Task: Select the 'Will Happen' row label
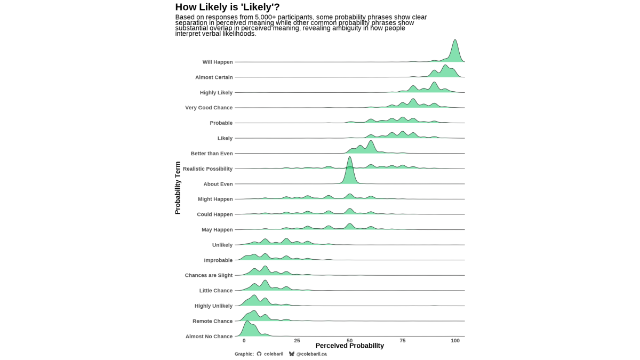218,62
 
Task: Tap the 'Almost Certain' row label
214,77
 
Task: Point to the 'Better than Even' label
212,154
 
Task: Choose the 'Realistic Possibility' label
207,169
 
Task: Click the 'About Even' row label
218,184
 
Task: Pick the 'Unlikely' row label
222,245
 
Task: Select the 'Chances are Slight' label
209,276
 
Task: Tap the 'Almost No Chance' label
209,337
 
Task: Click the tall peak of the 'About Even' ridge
350,158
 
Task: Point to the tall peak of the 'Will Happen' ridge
455,41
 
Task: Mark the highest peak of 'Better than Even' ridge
371,142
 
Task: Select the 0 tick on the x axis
244,340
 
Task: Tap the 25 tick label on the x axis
297,340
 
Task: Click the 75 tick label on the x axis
403,340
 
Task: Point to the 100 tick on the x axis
455,340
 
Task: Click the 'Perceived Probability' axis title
349,346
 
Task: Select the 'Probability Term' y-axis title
178,188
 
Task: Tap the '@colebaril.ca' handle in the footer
311,354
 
